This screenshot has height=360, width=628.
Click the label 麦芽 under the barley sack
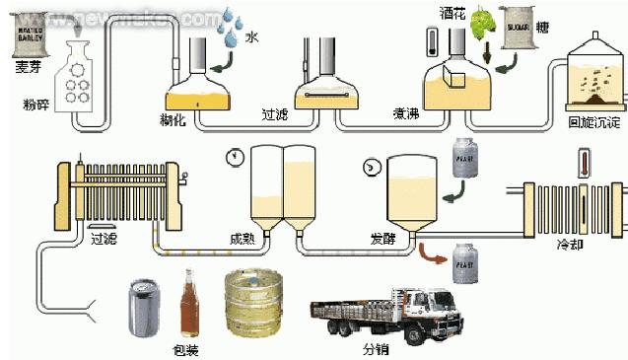[27, 67]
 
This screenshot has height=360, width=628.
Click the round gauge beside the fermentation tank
[372, 167]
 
